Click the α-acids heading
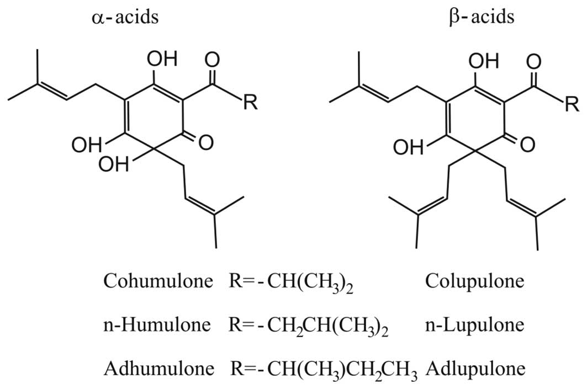(126, 17)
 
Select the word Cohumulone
(158, 282)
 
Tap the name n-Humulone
(156, 324)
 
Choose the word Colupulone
(474, 282)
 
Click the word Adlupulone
(474, 366)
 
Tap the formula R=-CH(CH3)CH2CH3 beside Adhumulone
(322, 367)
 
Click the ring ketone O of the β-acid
(527, 145)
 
